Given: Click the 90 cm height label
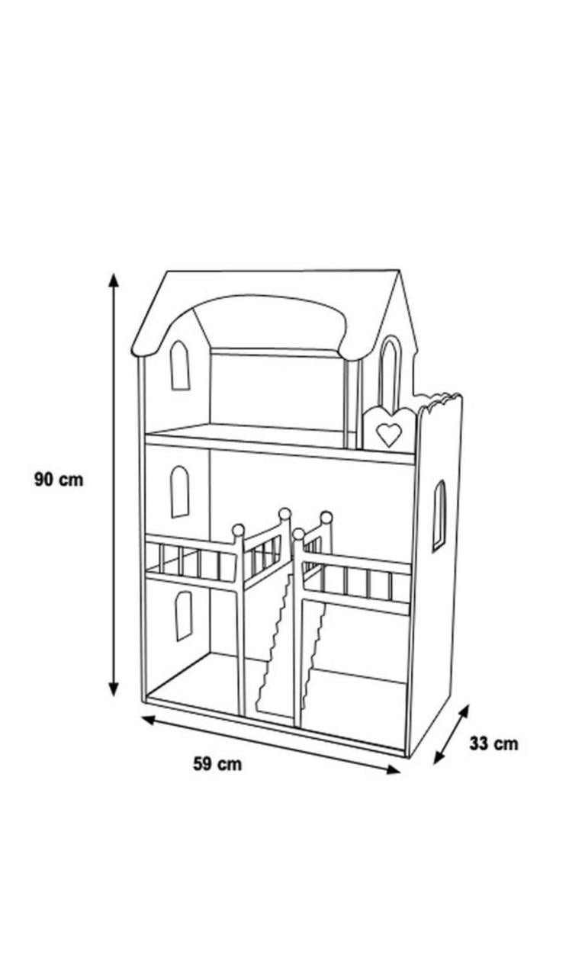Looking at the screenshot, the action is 59,480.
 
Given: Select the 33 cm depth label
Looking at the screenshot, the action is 493,743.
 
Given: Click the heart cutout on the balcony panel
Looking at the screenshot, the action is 389,435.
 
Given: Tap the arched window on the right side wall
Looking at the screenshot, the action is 439,516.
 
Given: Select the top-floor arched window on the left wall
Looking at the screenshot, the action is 179,365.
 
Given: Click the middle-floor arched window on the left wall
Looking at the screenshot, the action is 179,492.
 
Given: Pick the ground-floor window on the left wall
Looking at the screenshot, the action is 183,615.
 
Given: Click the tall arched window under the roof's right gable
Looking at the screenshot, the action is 391,373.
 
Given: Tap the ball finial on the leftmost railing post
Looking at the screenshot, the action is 238,530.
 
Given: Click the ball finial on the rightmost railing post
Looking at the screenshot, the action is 326,517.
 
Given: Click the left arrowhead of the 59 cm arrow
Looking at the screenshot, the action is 149,719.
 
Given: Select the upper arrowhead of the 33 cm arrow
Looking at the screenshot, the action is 464,711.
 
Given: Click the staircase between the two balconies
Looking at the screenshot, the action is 290,645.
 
